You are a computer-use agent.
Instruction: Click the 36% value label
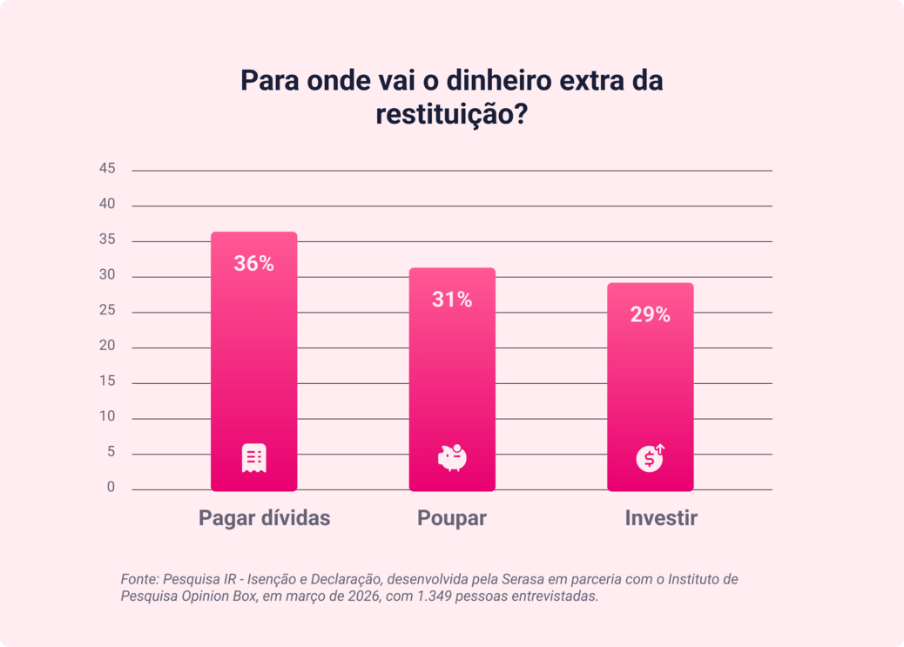[253, 264]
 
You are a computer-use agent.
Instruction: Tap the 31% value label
[452, 300]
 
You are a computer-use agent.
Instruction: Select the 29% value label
[650, 315]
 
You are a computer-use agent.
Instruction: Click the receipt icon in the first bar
[253, 458]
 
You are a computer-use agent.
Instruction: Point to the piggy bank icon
[452, 457]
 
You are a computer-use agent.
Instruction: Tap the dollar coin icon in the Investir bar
[650, 457]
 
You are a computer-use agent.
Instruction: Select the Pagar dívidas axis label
[264, 518]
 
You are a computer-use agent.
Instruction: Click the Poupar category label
[451, 518]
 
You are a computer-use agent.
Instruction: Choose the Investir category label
[661, 518]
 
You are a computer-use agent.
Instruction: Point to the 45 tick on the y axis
[107, 169]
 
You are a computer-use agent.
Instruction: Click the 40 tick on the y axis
[107, 205]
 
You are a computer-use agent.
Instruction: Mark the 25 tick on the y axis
[107, 311]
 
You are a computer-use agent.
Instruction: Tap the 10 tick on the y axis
[107, 417]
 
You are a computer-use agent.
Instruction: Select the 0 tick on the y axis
[111, 488]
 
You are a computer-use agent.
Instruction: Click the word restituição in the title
[445, 114]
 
